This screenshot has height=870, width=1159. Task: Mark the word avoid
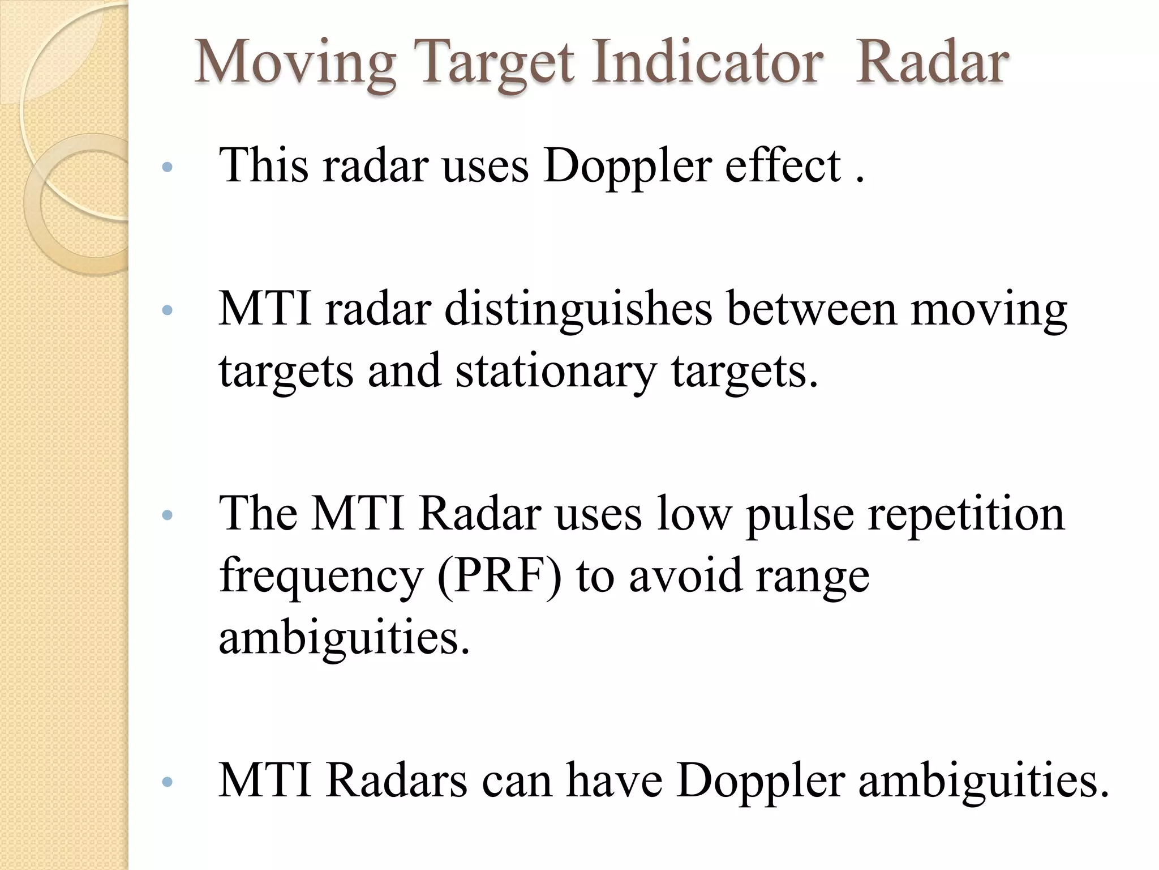coord(685,575)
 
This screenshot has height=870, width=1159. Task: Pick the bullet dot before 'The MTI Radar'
coord(166,515)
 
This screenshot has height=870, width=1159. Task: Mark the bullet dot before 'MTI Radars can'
coord(166,782)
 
